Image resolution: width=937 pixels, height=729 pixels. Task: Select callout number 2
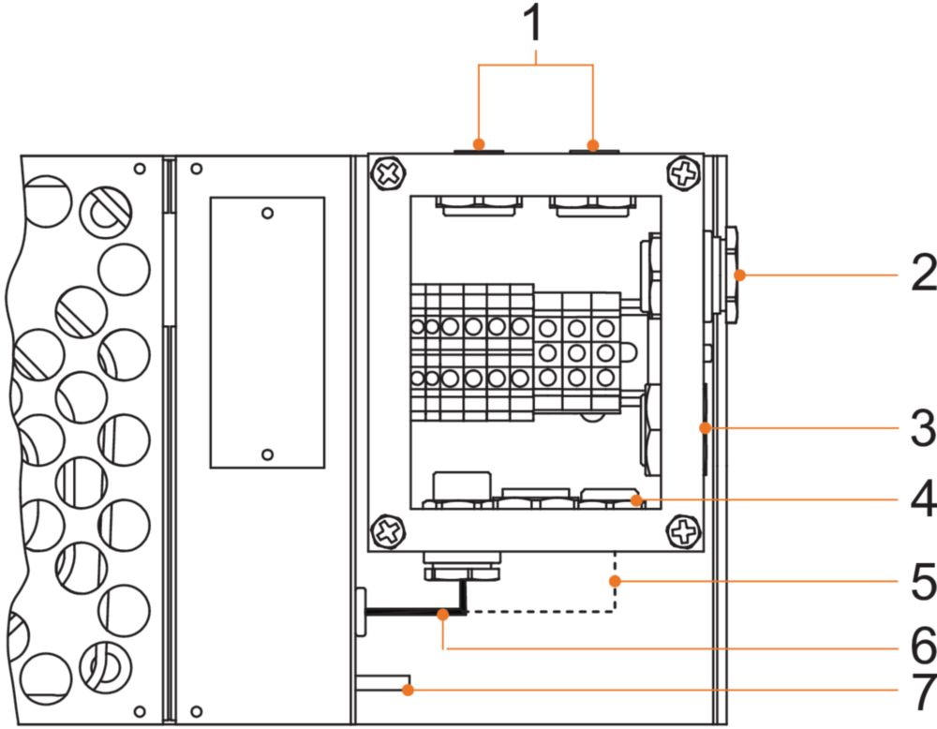(924, 273)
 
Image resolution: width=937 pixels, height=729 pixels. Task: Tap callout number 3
(924, 428)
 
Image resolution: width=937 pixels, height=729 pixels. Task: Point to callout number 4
(924, 498)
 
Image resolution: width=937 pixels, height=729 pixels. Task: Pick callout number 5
(924, 581)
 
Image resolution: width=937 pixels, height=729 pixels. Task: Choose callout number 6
(924, 646)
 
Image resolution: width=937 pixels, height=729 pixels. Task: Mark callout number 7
(924, 692)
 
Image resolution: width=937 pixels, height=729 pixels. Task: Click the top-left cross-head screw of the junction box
(389, 174)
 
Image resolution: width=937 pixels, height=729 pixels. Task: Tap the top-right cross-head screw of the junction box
(683, 174)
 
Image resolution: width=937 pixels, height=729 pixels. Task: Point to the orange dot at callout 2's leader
(740, 275)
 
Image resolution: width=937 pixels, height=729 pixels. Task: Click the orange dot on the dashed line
(615, 581)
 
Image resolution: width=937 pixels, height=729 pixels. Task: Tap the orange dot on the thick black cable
(443, 614)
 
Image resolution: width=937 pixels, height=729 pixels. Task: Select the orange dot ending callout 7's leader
(408, 691)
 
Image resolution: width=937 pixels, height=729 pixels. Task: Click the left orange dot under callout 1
(478, 144)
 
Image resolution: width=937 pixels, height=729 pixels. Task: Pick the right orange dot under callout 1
(592, 145)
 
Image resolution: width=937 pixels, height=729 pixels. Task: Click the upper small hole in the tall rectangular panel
(268, 214)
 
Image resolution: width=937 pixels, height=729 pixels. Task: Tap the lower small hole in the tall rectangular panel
(268, 454)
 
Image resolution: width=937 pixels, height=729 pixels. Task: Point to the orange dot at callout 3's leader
(706, 428)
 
